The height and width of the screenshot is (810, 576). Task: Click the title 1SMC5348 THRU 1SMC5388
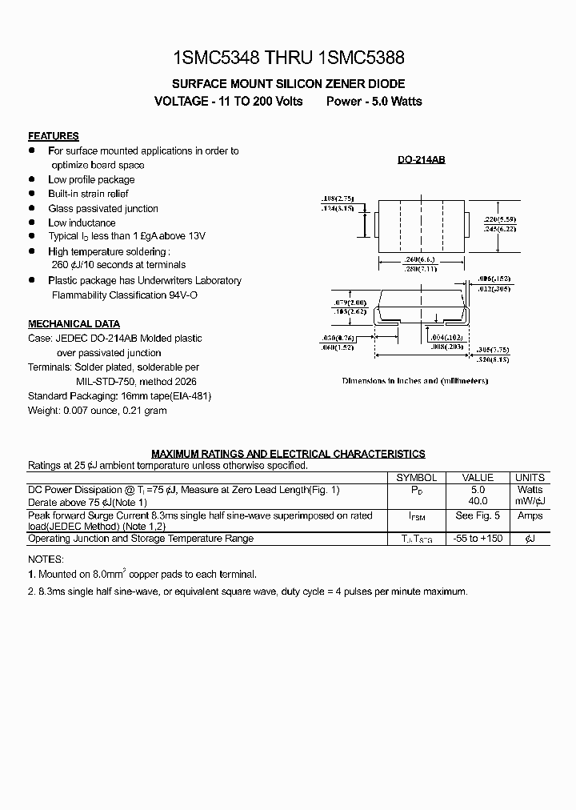(x=288, y=58)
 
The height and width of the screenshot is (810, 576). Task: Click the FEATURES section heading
(x=54, y=136)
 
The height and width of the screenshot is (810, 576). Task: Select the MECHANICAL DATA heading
(x=74, y=324)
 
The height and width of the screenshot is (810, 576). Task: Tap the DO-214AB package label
(x=422, y=160)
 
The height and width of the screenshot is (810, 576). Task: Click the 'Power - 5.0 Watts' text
(x=374, y=102)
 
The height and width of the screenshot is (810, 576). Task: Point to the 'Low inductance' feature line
(x=82, y=223)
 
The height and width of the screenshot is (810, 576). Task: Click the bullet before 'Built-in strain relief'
(x=32, y=194)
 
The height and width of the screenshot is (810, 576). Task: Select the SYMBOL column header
(x=417, y=478)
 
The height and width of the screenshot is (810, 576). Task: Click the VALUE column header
(x=478, y=478)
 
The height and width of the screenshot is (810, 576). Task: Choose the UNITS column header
(x=530, y=478)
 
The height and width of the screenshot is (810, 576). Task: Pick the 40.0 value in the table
(x=478, y=501)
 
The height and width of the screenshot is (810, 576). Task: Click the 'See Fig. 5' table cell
(x=478, y=516)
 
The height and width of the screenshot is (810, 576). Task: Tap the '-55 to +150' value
(x=478, y=539)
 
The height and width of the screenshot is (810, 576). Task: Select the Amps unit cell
(x=530, y=516)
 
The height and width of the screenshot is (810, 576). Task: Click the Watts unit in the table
(x=530, y=490)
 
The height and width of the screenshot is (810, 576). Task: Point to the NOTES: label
(x=46, y=559)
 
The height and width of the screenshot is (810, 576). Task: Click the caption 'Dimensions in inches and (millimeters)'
(x=414, y=381)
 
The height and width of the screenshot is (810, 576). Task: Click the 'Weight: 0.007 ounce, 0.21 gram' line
(x=98, y=411)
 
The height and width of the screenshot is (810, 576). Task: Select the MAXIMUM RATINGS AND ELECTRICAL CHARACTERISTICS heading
(x=288, y=454)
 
